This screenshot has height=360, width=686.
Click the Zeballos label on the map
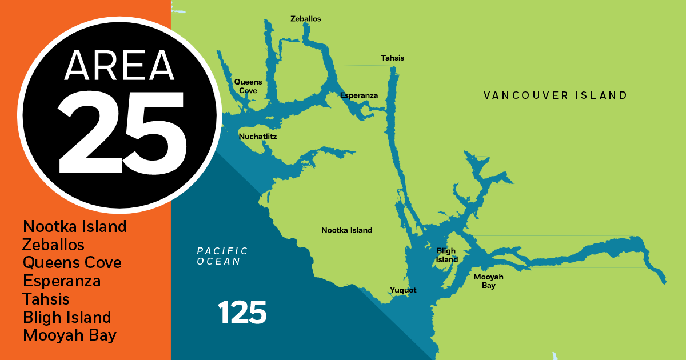(305, 19)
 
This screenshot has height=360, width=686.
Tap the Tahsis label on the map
(393, 58)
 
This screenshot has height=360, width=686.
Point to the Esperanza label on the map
(359, 95)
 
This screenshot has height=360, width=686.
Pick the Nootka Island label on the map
(346, 230)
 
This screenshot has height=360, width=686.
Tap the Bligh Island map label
(447, 255)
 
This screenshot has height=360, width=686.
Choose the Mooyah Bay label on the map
(488, 281)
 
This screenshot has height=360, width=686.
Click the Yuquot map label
(403, 290)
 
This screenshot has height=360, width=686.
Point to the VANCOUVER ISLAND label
(555, 95)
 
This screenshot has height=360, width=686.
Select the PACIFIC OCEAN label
(222, 256)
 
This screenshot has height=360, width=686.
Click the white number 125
(242, 312)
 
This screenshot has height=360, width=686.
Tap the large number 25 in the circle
(122, 133)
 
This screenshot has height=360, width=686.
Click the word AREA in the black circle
(119, 65)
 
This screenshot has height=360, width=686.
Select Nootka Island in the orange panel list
(75, 226)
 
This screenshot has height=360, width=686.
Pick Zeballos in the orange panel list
(54, 245)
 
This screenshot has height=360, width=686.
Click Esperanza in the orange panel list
(62, 281)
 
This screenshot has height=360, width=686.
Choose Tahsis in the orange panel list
(46, 299)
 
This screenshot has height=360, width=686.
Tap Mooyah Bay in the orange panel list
(70, 335)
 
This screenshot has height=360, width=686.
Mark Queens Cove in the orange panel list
(72, 263)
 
